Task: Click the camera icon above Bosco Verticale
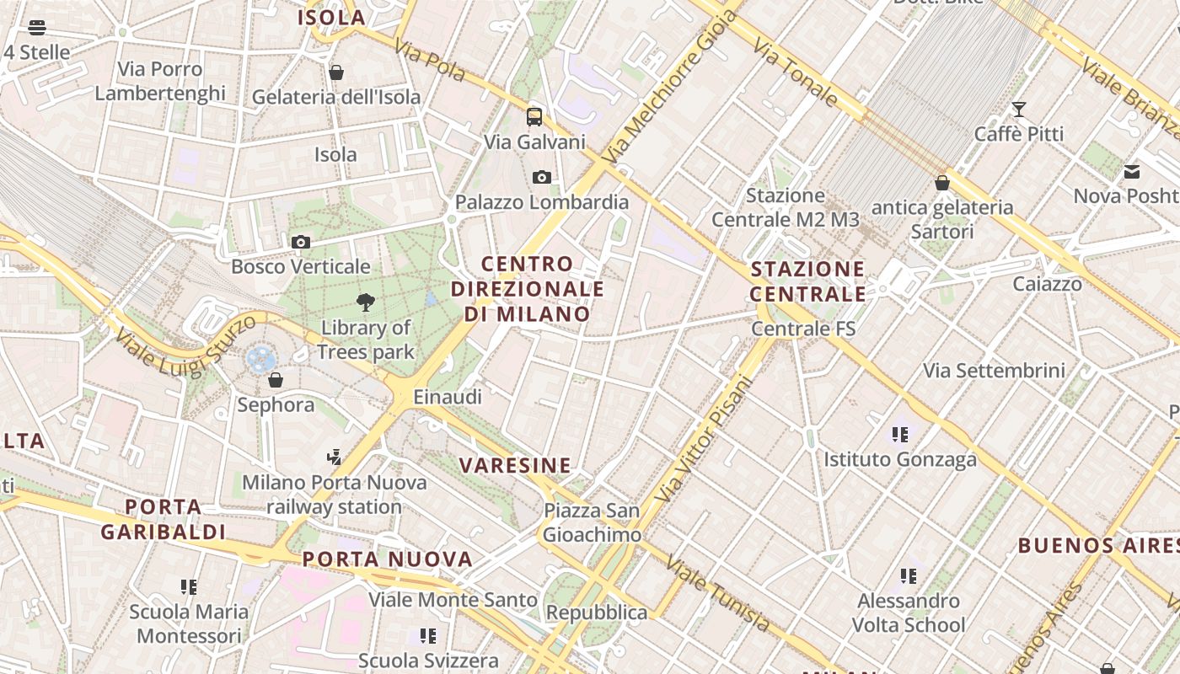coord(301,243)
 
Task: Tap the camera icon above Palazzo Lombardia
coord(542,177)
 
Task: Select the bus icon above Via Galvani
coord(534,117)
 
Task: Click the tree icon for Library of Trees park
coord(366,302)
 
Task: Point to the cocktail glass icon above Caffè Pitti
coord(1019,110)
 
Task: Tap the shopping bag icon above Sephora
coord(276,381)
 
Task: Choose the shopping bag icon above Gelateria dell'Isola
coord(336,72)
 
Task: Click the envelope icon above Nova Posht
coord(1132,172)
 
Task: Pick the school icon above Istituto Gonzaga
coord(900,435)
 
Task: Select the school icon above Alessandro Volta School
coord(908,576)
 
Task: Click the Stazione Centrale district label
coord(807,281)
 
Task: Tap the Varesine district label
coord(515,465)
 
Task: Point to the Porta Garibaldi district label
coord(164,519)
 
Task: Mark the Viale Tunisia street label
coord(717,593)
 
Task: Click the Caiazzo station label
coord(1048,284)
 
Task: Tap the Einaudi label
coord(448,397)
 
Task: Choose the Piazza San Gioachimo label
coord(592,522)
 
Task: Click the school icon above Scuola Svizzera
coord(428,636)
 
